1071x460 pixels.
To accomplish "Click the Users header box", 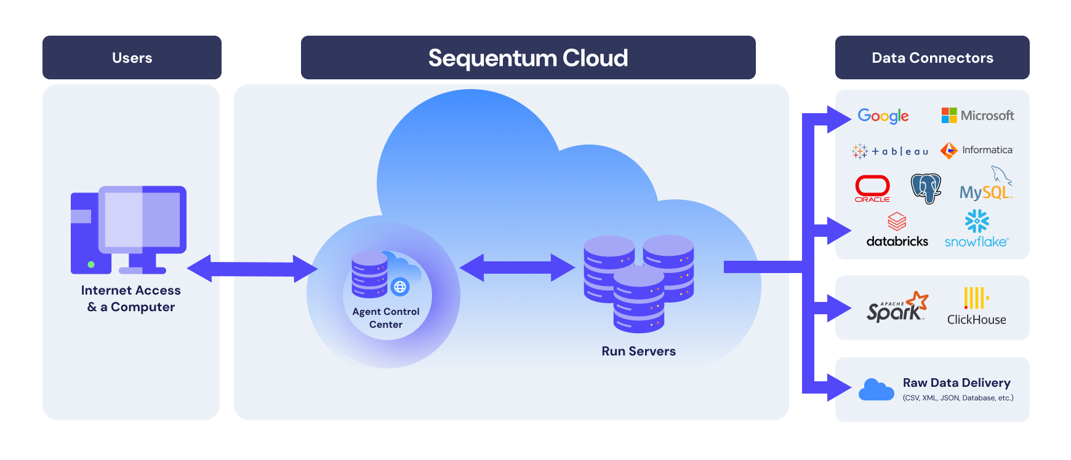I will [132, 58].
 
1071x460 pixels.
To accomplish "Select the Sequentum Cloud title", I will [528, 58].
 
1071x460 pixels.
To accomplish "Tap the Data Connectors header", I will [932, 58].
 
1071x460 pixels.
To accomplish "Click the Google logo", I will [883, 116].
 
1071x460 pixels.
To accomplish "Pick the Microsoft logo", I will [977, 116].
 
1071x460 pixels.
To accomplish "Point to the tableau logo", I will [890, 151].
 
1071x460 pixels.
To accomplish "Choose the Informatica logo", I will [976, 150].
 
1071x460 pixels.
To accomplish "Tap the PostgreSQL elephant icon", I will [926, 188].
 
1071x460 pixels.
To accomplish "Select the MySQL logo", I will [985, 187].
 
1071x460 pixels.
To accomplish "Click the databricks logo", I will [897, 231].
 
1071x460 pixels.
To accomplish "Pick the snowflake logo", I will [976, 229].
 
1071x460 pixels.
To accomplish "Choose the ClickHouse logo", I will [976, 307].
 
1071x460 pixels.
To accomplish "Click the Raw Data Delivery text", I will [957, 383].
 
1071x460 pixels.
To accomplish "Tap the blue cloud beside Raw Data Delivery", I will [876, 389].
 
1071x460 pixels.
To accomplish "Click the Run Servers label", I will [638, 351].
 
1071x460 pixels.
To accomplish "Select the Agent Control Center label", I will [386, 318].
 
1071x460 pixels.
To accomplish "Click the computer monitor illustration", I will [142, 221].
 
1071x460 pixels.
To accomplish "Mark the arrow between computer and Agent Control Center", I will [252, 269].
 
